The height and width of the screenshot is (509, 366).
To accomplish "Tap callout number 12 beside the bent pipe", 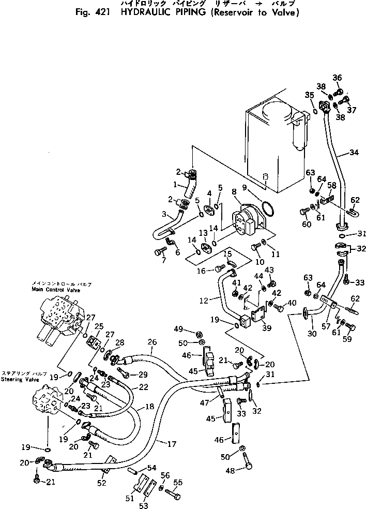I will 203,300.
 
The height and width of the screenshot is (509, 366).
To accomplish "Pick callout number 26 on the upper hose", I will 151,341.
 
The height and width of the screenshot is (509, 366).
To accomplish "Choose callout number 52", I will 101,483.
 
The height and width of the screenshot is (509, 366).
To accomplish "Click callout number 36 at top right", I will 337,78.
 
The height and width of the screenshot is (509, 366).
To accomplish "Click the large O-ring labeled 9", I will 267,209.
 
